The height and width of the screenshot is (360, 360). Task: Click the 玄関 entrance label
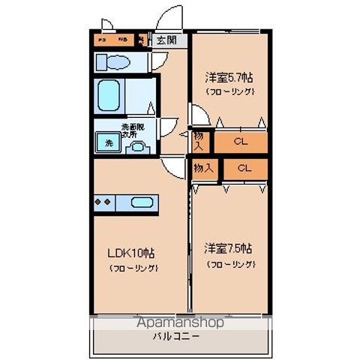pyautogui.click(x=166, y=41)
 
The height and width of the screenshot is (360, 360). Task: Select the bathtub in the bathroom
pyautogui.click(x=109, y=96)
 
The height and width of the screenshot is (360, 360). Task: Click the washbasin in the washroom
pyautogui.click(x=136, y=146)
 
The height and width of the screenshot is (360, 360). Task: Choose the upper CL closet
pyautogui.click(x=240, y=140)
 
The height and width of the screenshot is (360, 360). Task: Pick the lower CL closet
pyautogui.click(x=244, y=168)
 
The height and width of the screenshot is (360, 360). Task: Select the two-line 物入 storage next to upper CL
pyautogui.click(x=199, y=140)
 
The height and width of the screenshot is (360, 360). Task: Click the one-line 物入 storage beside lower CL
pyautogui.click(x=204, y=168)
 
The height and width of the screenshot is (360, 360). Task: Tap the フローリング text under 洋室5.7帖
pyautogui.click(x=230, y=91)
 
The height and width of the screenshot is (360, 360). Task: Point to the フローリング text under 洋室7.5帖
pyautogui.click(x=230, y=265)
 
